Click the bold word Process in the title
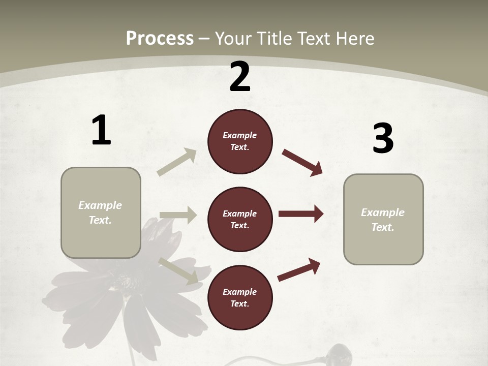pyautogui.click(x=160, y=38)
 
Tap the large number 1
pyautogui.click(x=101, y=131)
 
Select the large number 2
pyautogui.click(x=240, y=77)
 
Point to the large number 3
pyautogui.click(x=383, y=139)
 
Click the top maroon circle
pyautogui.click(x=240, y=141)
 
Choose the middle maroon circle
pyautogui.click(x=240, y=219)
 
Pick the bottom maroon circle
pyautogui.click(x=240, y=297)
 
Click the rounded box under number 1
pyautogui.click(x=101, y=212)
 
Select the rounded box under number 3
pyautogui.click(x=383, y=219)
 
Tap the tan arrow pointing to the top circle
pyautogui.click(x=177, y=162)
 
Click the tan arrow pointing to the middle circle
pyautogui.click(x=178, y=215)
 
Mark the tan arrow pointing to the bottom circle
pyautogui.click(x=178, y=270)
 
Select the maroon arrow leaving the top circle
pyautogui.click(x=302, y=162)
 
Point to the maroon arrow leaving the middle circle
pyautogui.click(x=301, y=214)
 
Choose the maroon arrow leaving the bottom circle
pyautogui.click(x=299, y=269)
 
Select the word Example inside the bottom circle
pyautogui.click(x=240, y=292)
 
